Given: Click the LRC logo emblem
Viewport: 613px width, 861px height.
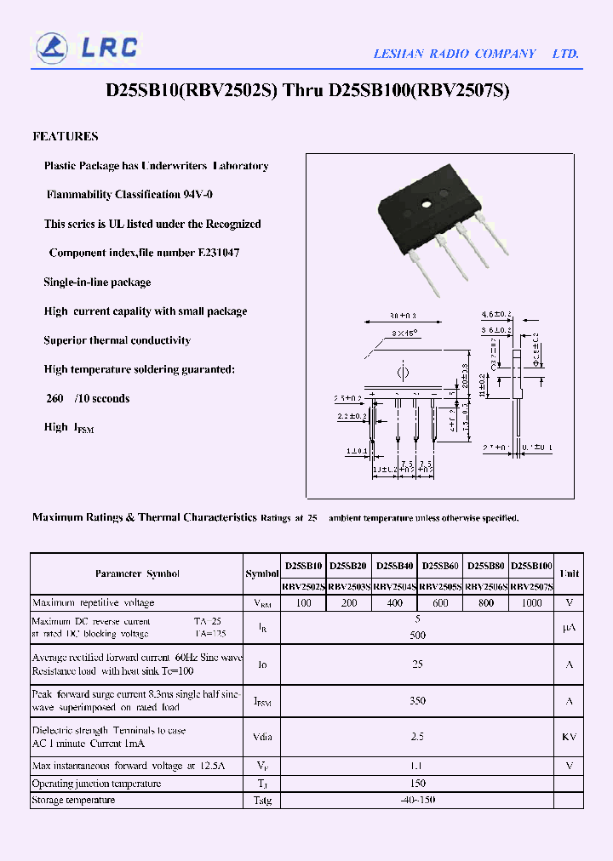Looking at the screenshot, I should point(52,47).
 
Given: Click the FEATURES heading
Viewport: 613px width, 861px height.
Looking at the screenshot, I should point(66,136).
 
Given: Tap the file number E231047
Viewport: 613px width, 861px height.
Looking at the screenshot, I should point(219,254).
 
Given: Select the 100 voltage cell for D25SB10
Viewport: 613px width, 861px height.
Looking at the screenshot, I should point(303,602).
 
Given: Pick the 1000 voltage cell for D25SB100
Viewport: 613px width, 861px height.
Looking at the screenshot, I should point(531,602).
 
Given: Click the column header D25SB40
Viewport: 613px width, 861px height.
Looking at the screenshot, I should point(394,565).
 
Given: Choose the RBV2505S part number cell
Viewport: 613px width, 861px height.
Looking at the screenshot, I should point(440,586).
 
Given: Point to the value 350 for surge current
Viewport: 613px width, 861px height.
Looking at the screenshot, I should point(417,701).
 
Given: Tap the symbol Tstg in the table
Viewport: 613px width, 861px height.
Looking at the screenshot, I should point(261,801).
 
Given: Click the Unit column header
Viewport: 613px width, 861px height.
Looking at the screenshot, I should point(570,573).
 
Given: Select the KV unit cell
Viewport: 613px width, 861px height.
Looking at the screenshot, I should point(570,737).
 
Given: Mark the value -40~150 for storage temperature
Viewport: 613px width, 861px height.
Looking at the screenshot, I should point(417,800).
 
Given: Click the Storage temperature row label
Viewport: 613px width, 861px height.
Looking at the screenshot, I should point(73,800).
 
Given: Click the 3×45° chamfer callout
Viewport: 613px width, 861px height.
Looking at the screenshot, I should point(405,334).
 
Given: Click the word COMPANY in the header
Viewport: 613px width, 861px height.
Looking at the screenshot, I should point(505,54).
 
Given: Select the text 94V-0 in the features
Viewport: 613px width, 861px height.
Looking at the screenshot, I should point(198,195).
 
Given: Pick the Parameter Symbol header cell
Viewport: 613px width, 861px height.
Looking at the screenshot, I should point(137,573).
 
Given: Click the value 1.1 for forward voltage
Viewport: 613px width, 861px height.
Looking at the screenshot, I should point(417,766).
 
